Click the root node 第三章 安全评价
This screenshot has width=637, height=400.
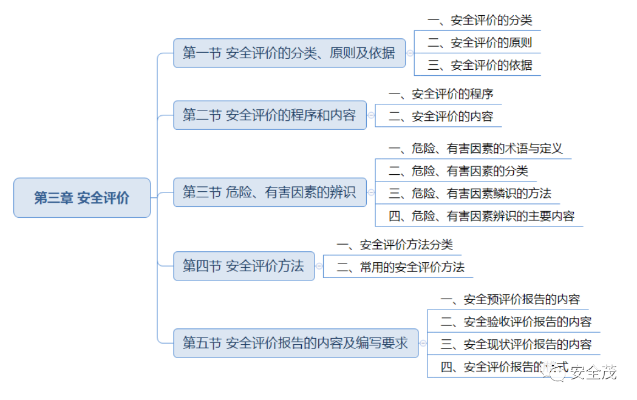(82, 198)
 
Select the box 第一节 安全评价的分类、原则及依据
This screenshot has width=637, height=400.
(289, 53)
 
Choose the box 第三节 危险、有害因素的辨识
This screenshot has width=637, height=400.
(270, 192)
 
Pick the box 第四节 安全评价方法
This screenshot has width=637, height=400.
(244, 266)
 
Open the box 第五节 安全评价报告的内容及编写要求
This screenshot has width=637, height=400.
(296, 343)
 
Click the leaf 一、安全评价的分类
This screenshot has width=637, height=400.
(480, 20)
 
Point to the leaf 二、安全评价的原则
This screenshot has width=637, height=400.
(480, 42)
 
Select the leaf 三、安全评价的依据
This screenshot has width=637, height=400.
(480, 65)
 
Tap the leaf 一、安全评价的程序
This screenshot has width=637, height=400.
(441, 94)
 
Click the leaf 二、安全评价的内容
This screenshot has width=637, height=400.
(441, 117)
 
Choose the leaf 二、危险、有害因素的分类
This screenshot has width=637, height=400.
(458, 171)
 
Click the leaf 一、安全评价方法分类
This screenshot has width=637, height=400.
(395, 245)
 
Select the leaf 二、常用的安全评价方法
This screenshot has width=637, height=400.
(401, 267)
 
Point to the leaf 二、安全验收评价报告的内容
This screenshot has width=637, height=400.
(516, 322)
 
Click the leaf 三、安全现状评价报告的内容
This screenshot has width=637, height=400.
(516, 344)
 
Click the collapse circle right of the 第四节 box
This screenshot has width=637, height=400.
(319, 266)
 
